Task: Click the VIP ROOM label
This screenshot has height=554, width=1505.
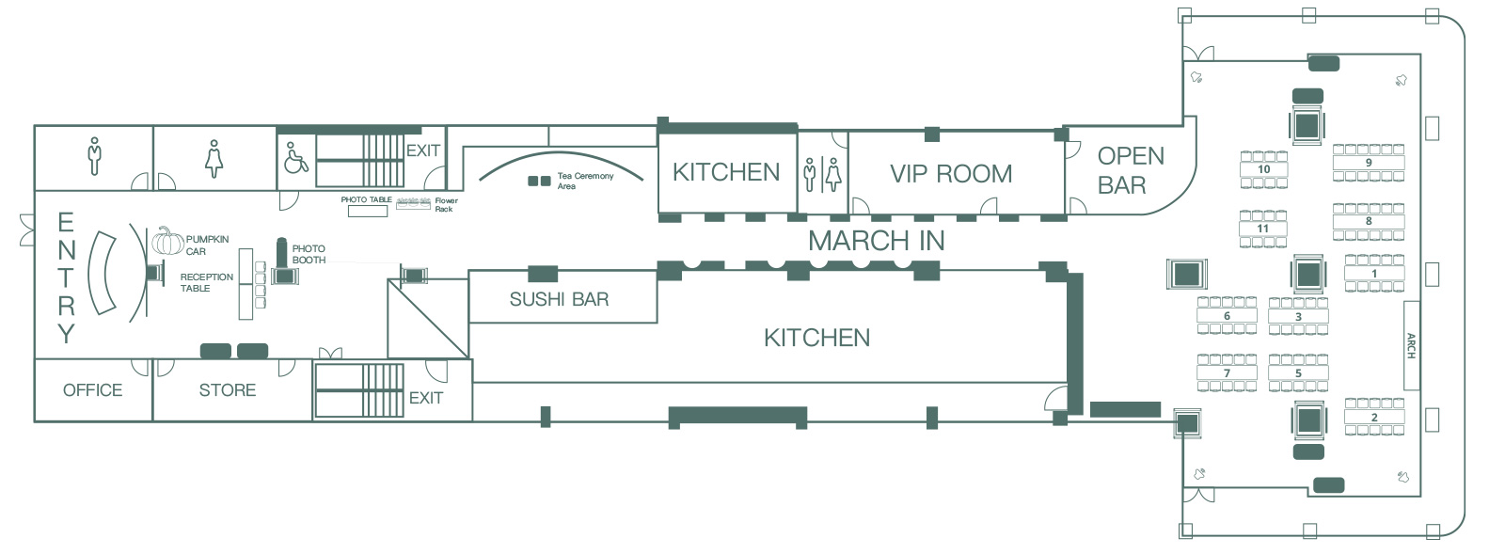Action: [x=951, y=174]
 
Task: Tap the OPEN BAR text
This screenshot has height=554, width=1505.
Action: [x=1131, y=170]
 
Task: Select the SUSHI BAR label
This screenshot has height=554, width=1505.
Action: [x=559, y=299]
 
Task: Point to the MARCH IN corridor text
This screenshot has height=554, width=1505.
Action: [x=876, y=241]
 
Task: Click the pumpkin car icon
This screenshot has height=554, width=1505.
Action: [x=167, y=241]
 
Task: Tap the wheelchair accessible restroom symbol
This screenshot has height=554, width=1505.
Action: [x=296, y=157]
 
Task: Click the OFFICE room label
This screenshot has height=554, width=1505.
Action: [x=93, y=390]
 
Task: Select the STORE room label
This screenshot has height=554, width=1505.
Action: [x=227, y=390]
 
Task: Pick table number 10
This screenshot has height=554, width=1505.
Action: [x=1264, y=169]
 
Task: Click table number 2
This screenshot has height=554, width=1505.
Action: [x=1374, y=417]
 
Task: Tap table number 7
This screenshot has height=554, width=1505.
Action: [x=1227, y=372]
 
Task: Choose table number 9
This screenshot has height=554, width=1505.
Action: [x=1369, y=163]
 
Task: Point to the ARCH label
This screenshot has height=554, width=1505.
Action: [x=1411, y=346]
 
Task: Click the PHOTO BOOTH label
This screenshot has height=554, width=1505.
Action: [x=309, y=255]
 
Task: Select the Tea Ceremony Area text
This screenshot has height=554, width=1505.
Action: [x=585, y=181]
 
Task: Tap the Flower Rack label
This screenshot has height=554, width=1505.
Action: [x=446, y=205]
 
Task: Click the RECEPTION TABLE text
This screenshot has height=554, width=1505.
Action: [x=207, y=282]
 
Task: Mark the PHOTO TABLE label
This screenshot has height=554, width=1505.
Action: [x=366, y=199]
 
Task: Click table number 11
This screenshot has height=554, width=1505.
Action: [x=1263, y=229]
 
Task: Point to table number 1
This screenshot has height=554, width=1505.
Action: [x=1374, y=274]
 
